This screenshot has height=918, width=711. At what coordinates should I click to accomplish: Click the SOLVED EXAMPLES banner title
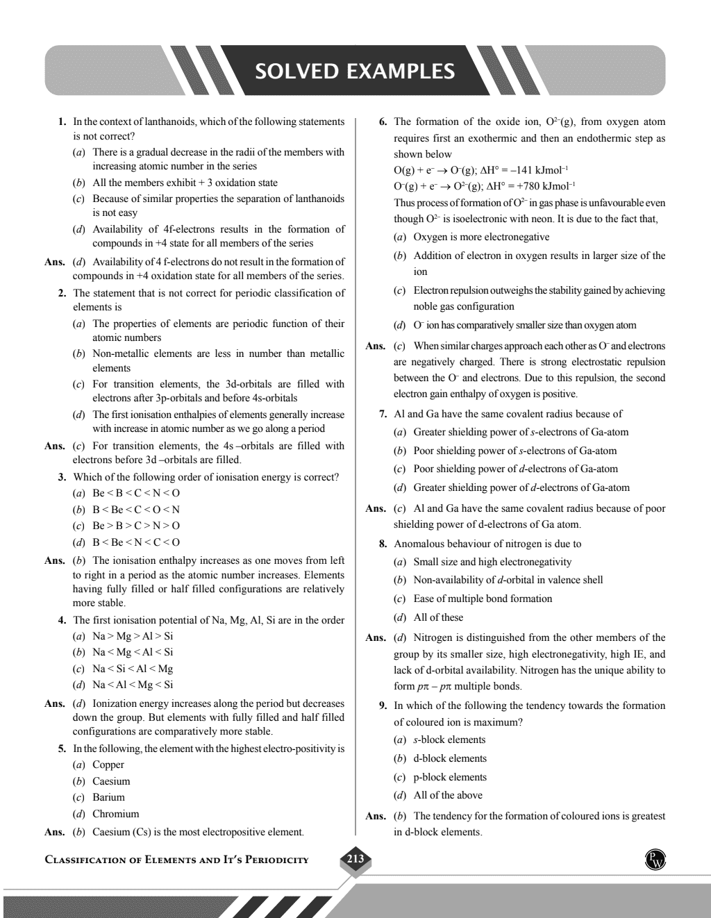[x=355, y=72]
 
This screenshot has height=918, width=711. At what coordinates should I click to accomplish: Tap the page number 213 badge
[x=355, y=859]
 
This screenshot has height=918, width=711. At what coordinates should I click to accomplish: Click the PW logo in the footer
[x=655, y=860]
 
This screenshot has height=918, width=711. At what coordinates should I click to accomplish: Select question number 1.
[x=62, y=122]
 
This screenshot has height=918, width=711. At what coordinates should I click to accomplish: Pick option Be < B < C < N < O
[x=135, y=493]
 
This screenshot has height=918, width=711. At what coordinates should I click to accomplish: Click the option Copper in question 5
[x=108, y=765]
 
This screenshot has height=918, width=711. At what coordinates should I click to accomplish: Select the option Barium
[x=108, y=797]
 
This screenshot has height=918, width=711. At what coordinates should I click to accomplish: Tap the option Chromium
[x=115, y=814]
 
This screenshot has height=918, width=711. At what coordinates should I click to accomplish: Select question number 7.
[x=383, y=414]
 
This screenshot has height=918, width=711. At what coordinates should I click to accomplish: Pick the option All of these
[x=438, y=617]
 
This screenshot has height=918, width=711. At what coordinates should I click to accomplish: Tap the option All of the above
[x=448, y=795]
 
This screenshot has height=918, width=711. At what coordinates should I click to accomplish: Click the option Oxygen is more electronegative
[x=481, y=237]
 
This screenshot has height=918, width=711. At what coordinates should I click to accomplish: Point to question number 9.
[x=383, y=706]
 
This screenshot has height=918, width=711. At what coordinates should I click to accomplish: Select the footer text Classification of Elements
[x=177, y=860]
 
